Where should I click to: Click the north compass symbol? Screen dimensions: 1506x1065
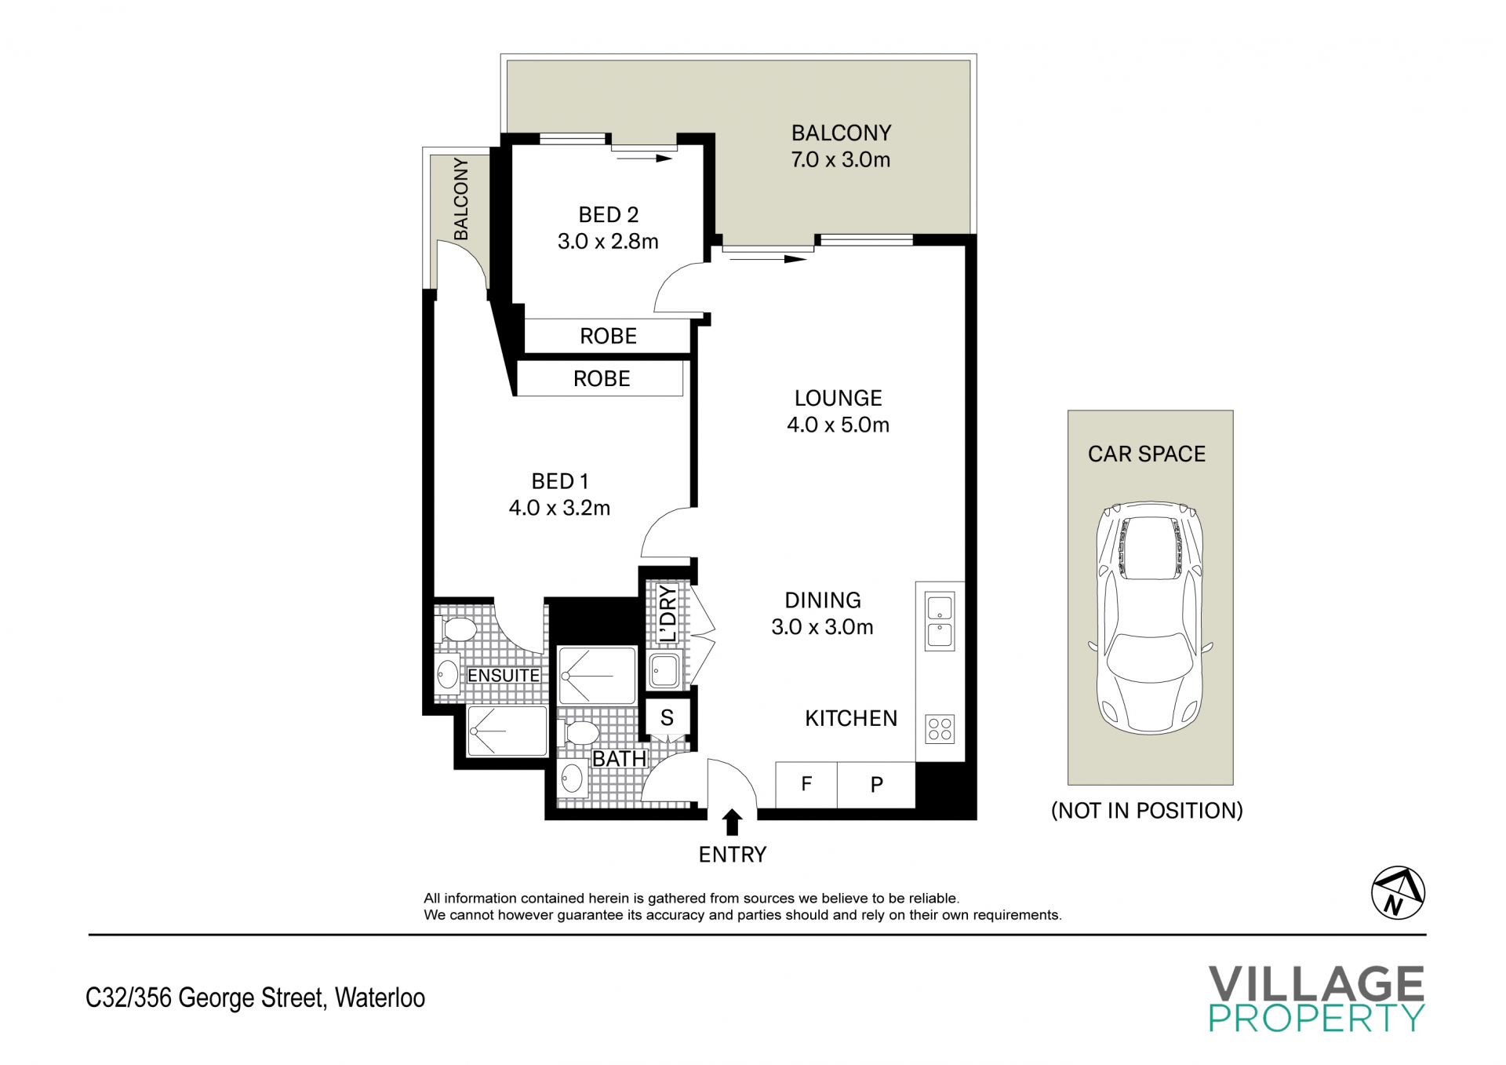1398,893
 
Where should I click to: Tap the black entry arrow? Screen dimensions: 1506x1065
733,822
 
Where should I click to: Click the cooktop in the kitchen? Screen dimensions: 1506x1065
940,729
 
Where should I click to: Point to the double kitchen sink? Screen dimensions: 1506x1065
940,622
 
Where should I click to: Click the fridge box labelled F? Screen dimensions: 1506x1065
806,784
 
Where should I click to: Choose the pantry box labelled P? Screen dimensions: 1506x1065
876,784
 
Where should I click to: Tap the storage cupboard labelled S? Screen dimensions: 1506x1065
667,717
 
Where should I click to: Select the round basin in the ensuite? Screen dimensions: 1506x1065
447,675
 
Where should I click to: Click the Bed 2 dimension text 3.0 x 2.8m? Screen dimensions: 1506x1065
608,242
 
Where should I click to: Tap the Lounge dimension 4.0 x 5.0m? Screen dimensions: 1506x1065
838,425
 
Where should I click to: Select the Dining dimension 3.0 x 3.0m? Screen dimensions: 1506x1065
822,627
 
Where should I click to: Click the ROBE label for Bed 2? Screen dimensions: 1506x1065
608,336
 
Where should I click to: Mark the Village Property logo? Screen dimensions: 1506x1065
1316,998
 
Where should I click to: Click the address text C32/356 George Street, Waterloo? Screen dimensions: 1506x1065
256,998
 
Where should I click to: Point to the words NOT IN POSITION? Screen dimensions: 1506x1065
1147,811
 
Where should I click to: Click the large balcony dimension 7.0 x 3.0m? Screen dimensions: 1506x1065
841,160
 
